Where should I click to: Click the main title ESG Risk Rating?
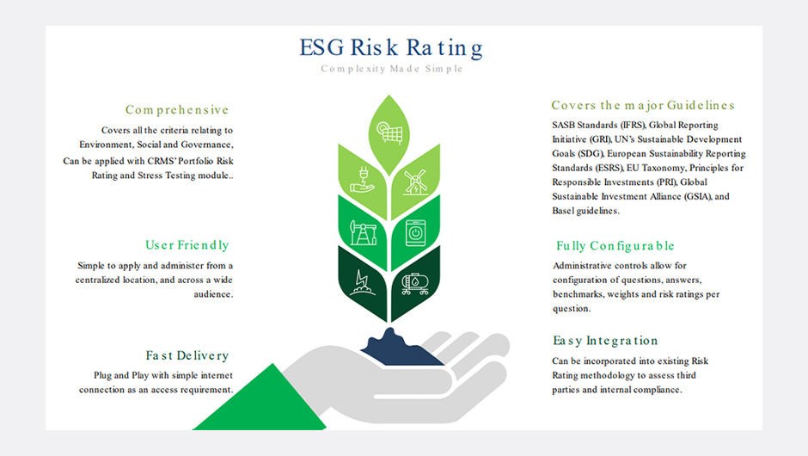[x=391, y=48]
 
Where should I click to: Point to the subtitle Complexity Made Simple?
[x=392, y=69]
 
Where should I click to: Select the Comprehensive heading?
[x=177, y=110]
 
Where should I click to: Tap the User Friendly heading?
[x=187, y=245]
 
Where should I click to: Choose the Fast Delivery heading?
[x=187, y=355]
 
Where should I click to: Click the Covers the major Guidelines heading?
[x=643, y=105]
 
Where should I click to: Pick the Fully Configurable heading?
[x=615, y=246]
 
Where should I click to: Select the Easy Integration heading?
[x=605, y=341]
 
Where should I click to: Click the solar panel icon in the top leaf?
[x=389, y=132]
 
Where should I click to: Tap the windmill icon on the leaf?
[x=415, y=182]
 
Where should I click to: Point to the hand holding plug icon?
[x=362, y=180]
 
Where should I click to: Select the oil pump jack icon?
[x=364, y=232]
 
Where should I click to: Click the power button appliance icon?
[x=415, y=232]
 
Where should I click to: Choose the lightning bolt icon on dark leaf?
[x=362, y=283]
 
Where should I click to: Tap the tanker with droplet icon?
[x=415, y=283]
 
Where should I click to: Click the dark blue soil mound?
[x=401, y=348]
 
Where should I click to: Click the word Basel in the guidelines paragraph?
[x=563, y=211]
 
